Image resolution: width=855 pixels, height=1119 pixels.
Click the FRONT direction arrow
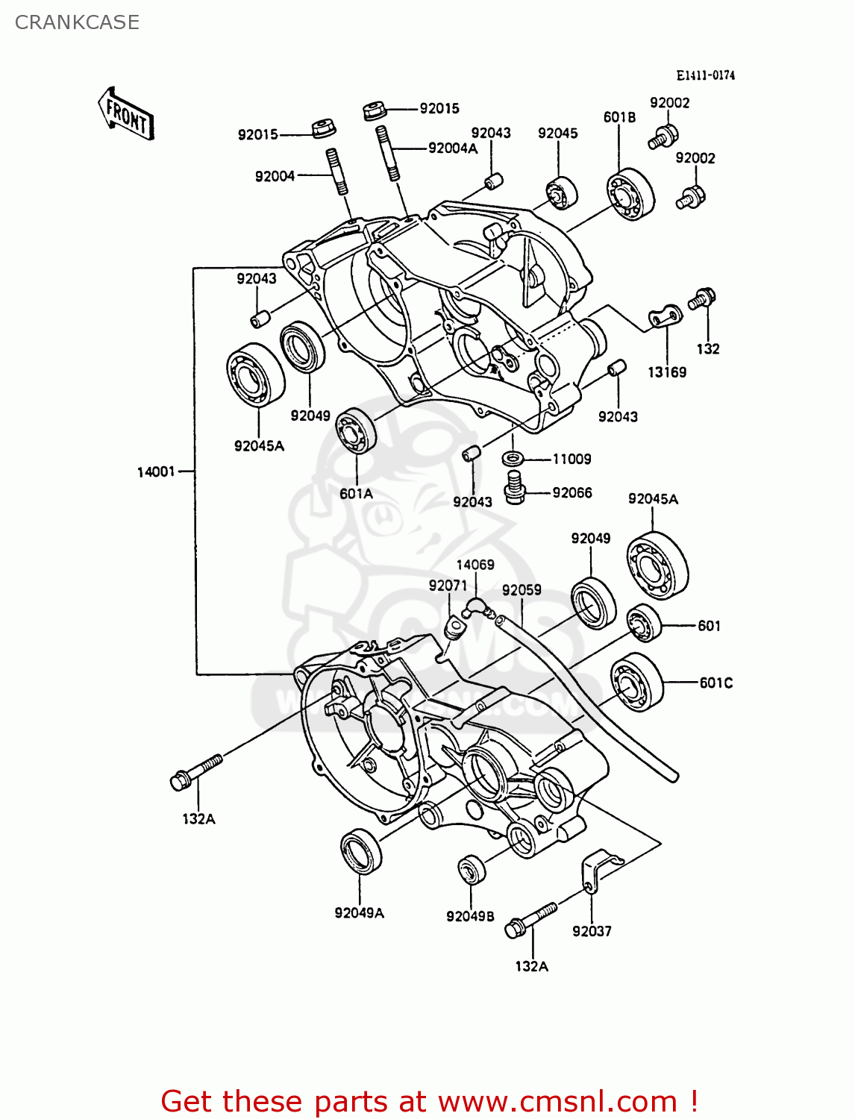point(125,115)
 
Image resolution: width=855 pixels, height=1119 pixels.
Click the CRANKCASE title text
point(77,22)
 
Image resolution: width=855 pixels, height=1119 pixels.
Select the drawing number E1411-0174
point(705,75)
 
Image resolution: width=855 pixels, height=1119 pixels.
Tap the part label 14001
point(155,471)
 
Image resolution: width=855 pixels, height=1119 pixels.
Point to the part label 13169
point(666,372)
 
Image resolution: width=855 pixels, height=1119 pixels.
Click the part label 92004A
point(452,148)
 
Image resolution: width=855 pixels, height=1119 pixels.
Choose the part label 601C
point(715,683)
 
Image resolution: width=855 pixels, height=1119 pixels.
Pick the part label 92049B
point(470,916)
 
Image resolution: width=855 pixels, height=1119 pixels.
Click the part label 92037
point(592,931)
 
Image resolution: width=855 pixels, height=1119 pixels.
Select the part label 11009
point(571,459)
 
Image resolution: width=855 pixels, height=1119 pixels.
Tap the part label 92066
point(571,492)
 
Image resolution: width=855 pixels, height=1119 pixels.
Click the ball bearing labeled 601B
point(630,194)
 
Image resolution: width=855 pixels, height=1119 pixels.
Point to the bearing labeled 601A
point(356,431)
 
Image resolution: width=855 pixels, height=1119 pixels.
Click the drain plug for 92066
point(514,486)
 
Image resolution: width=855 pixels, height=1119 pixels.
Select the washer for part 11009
point(513,458)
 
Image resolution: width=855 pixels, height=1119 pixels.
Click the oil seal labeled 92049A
point(361,850)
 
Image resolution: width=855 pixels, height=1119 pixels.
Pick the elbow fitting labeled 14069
point(475,607)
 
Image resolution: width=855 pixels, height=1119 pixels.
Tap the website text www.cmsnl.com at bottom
point(557,1101)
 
